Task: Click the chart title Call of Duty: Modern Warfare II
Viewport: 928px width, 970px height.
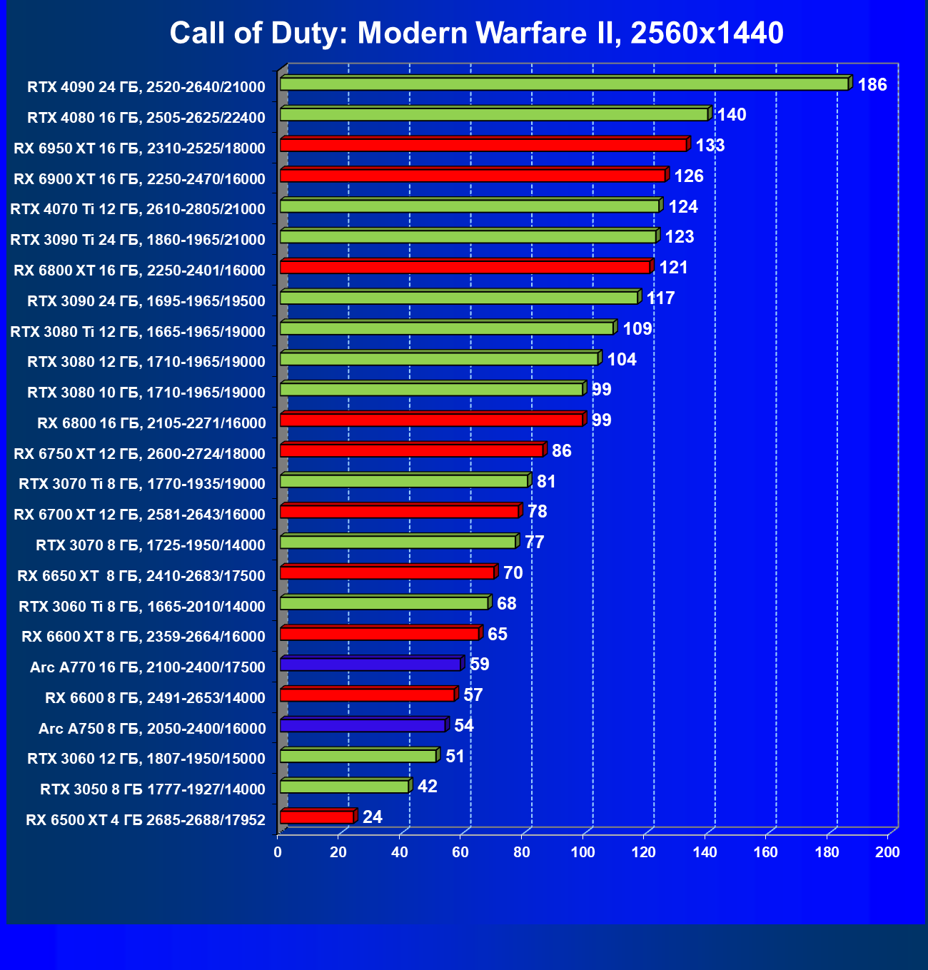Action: tap(476, 33)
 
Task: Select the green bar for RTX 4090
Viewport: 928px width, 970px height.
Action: tap(564, 84)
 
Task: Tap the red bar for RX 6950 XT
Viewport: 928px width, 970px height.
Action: tap(483, 146)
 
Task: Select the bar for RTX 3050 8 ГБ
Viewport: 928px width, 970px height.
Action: tap(344, 787)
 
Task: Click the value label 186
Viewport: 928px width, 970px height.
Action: tap(872, 85)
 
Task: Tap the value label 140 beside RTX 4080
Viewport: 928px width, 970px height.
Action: tap(731, 115)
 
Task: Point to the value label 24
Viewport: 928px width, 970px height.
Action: tap(372, 817)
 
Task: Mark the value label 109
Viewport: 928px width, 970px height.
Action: tap(637, 329)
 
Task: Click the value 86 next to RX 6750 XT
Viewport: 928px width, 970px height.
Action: tap(561, 451)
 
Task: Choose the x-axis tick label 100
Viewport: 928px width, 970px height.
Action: tap(583, 852)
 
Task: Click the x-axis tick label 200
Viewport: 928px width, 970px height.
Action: tap(888, 852)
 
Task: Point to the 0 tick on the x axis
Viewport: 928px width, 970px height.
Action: tap(278, 852)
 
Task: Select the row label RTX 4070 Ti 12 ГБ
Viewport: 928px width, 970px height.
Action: tap(138, 209)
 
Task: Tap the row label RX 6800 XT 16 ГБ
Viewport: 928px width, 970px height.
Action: tap(139, 271)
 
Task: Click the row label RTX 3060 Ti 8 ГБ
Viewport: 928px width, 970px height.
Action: tap(142, 607)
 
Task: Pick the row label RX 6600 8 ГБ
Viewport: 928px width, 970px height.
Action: tap(155, 698)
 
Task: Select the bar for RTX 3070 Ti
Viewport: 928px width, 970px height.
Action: tap(404, 481)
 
